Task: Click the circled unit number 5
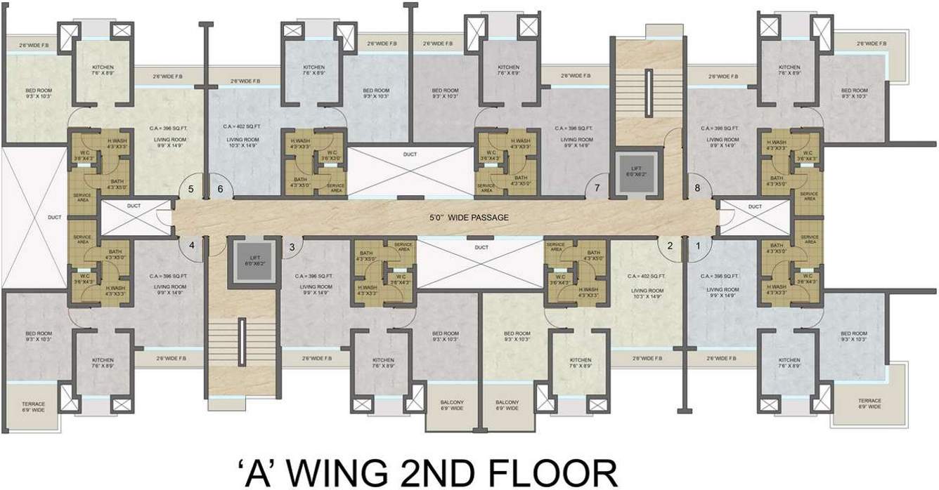pyautogui.click(x=190, y=188)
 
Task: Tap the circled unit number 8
pyautogui.click(x=698, y=188)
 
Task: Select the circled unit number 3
pyautogui.click(x=292, y=246)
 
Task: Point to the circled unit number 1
pyautogui.click(x=698, y=246)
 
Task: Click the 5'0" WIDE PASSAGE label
pyautogui.click(x=469, y=218)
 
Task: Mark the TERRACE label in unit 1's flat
pyautogui.click(x=869, y=403)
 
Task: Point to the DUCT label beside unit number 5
pyautogui.click(x=134, y=207)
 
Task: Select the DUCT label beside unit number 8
pyautogui.click(x=754, y=207)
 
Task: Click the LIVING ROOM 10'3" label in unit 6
pyautogui.click(x=243, y=143)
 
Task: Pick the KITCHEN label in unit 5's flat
pyautogui.click(x=103, y=70)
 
